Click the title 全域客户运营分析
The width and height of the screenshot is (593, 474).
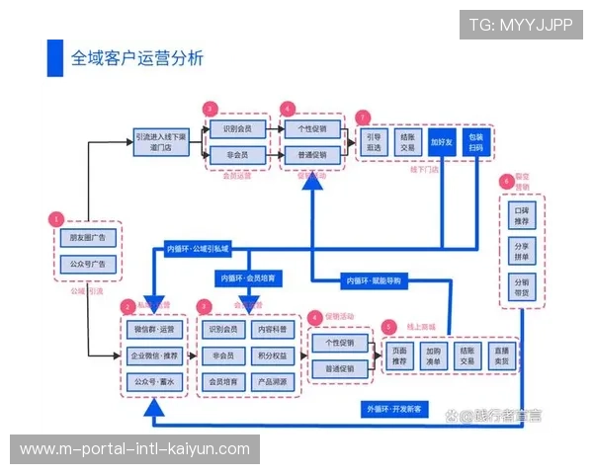tap(136, 58)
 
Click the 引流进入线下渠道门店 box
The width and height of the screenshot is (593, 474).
tap(160, 142)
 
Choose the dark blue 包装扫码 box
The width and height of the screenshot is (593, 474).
tap(477, 141)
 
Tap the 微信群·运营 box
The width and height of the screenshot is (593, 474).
tap(153, 329)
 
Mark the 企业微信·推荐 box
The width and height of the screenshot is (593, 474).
tap(153, 355)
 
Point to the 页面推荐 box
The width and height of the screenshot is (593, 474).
tap(399, 355)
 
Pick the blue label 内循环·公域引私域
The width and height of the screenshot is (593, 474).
tap(197, 248)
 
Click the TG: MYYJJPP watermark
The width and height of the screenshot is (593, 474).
tap(520, 25)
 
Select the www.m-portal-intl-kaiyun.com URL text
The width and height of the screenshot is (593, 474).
tap(134, 449)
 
